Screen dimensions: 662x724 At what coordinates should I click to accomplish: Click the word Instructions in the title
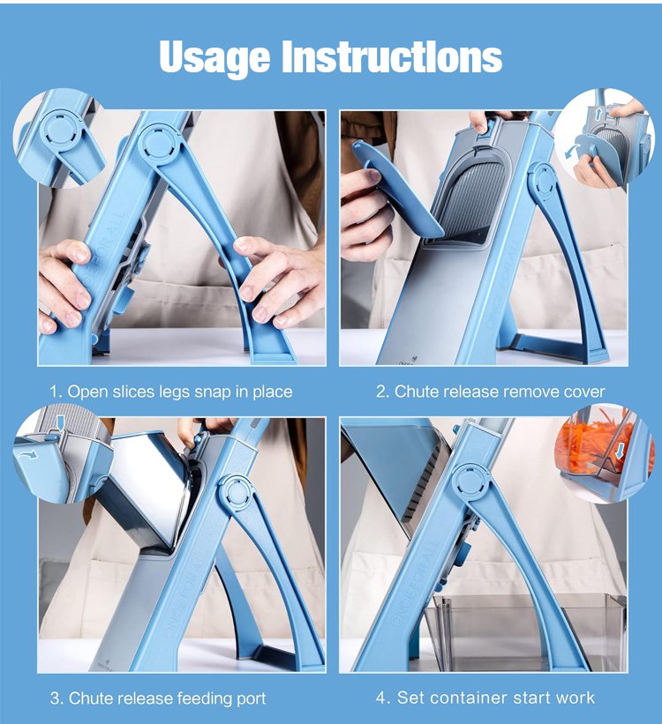[x=392, y=56]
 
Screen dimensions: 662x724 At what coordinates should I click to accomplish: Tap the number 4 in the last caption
[x=382, y=698]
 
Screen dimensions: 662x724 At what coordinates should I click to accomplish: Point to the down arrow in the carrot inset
[x=621, y=452]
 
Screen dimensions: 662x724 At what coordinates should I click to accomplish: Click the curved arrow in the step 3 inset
[x=27, y=456]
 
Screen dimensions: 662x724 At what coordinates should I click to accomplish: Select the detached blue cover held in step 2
[x=396, y=189]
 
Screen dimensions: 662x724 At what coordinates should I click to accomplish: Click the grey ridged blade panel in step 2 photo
[x=472, y=198]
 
